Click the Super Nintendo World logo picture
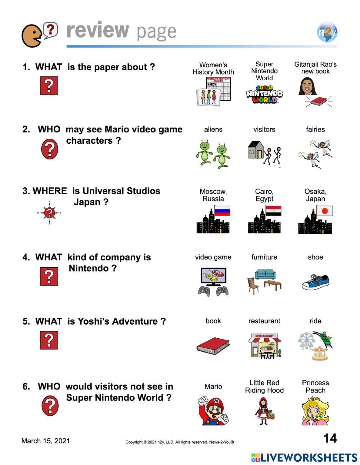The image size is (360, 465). (264, 94)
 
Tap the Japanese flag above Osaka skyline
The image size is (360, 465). (325, 211)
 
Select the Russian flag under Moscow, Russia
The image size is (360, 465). (222, 211)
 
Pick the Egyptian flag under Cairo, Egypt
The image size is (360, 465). (274, 211)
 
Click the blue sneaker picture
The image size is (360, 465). (315, 282)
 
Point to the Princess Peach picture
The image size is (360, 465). (315, 411)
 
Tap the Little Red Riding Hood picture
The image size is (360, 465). (264, 411)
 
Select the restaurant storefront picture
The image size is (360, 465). (265, 346)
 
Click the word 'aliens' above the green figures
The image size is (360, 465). (213, 129)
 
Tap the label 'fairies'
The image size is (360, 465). (315, 129)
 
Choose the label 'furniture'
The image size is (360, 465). (264, 257)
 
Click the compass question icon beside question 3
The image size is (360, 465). (49, 213)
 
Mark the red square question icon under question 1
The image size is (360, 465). (49, 86)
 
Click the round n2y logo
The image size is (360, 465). (327, 32)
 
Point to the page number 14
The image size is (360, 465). (330, 438)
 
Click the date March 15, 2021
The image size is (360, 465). (46, 441)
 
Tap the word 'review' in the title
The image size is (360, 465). (98, 30)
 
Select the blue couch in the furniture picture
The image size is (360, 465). (265, 274)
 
